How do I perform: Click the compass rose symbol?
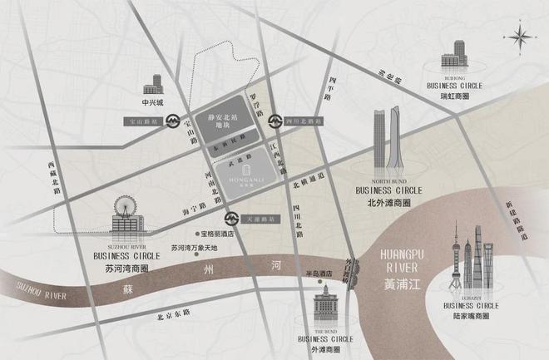click(x=522, y=35)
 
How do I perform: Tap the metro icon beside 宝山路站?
click(x=173, y=121)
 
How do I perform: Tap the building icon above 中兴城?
click(x=154, y=84)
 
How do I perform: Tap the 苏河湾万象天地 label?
click(x=194, y=248)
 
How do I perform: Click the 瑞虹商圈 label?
click(x=454, y=96)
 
